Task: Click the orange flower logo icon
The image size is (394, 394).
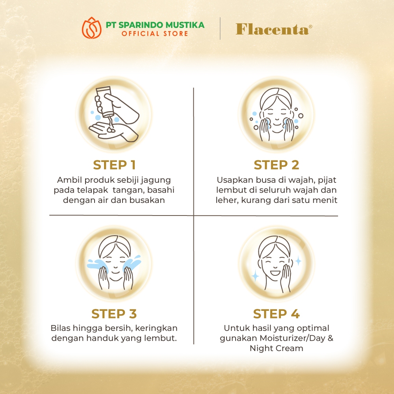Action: (91, 28)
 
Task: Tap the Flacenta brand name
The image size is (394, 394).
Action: (274, 29)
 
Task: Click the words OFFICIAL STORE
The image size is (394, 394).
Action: (155, 33)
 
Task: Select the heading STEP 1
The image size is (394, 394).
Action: (114, 165)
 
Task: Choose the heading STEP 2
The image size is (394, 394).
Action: (277, 165)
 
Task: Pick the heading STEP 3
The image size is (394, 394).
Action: (114, 314)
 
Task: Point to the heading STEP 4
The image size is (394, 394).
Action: (277, 314)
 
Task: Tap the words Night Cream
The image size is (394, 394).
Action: (277, 348)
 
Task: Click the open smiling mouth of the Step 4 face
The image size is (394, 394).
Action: (275, 272)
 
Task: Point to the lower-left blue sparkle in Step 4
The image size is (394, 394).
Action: (255, 276)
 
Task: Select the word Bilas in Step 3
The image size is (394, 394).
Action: (59, 328)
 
